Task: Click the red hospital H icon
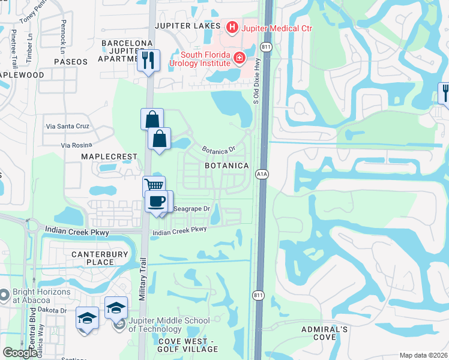[231, 27]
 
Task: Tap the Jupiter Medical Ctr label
[277, 28]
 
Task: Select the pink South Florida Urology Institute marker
[239, 58]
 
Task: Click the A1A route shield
[262, 174]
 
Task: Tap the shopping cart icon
[154, 185]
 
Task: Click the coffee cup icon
[157, 201]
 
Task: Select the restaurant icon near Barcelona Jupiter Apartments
[148, 59]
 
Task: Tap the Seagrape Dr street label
[191, 209]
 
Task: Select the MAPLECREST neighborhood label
[110, 157]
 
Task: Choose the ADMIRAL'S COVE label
[324, 334]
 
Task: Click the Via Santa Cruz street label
[69, 127]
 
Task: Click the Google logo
[20, 353]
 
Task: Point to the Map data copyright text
[424, 355]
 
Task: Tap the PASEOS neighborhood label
[70, 62]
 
